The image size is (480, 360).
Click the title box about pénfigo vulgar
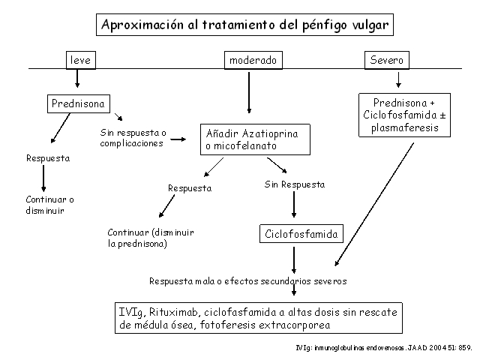tap(245, 25)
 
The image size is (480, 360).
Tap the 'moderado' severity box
tap(252, 60)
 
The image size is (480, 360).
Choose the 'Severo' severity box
tap(385, 60)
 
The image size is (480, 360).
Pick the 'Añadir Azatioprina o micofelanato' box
tap(251, 140)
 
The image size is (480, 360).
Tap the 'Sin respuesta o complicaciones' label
tap(132, 138)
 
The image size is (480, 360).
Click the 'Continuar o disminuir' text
tap(50, 205)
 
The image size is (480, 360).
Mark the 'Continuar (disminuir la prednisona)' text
tap(150, 238)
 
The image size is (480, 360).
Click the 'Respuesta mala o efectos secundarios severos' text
tap(247, 281)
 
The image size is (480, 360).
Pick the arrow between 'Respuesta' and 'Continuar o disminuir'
tap(43, 178)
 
